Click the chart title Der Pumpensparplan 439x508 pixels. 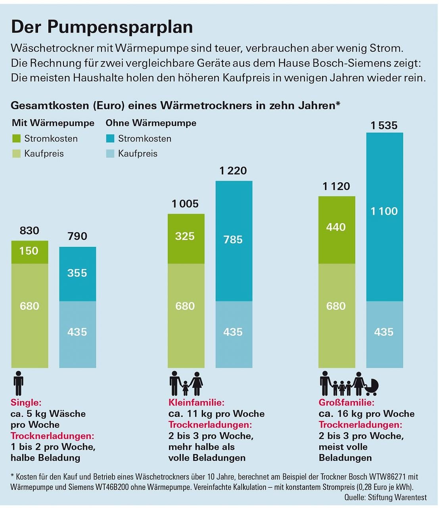click(102, 27)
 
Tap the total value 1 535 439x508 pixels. click(384, 125)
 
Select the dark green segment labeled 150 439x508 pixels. click(29, 252)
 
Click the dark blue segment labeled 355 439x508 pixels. click(77, 273)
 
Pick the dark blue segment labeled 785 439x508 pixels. click(234, 240)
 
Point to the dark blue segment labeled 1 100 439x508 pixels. click(384, 216)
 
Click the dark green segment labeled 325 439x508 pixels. click(186, 238)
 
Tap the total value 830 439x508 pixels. click(29, 231)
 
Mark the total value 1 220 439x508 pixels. click(233, 171)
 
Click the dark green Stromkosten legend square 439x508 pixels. click(16, 139)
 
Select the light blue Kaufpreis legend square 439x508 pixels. click(110, 154)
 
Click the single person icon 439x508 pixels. click(19, 384)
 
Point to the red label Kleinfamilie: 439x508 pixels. click(196, 402)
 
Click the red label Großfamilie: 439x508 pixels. click(346, 402)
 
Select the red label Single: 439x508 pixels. click(26, 402)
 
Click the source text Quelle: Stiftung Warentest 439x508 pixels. click(385, 497)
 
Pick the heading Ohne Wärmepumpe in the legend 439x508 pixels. click(151, 123)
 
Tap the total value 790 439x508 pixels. click(77, 236)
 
